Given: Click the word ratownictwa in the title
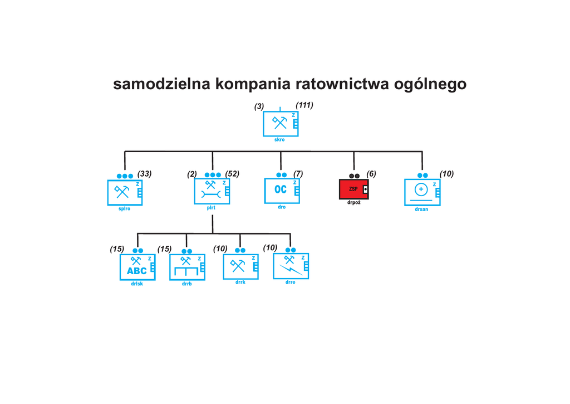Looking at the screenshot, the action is pyautogui.click(x=337, y=84).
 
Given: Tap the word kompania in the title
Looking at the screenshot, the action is pyautogui.click(x=253, y=84).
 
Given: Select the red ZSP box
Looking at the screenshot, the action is pyautogui.click(x=353, y=189).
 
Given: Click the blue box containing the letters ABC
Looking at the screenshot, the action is pyautogui.click(x=138, y=267).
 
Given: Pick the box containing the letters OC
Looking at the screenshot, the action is pyautogui.click(x=282, y=191).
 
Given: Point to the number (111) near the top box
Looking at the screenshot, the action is pyautogui.click(x=304, y=105).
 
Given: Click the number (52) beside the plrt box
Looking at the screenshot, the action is pyautogui.click(x=232, y=174).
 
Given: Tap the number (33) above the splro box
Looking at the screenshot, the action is pyautogui.click(x=144, y=174).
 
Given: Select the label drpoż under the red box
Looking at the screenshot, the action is pyautogui.click(x=353, y=203).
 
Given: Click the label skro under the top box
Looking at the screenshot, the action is pyautogui.click(x=279, y=140).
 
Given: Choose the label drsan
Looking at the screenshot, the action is pyautogui.click(x=422, y=210).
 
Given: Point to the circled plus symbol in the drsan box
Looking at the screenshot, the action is pyautogui.click(x=421, y=189).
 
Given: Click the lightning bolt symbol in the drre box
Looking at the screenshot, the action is pyautogui.click(x=291, y=270).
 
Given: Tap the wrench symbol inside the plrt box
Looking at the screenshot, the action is pyautogui.click(x=211, y=194).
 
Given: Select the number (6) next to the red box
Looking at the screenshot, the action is pyautogui.click(x=371, y=174).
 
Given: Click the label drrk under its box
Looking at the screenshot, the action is pyautogui.click(x=240, y=282).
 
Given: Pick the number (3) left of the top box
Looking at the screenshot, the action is pyautogui.click(x=259, y=106).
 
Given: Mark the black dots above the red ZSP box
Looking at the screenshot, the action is pyautogui.click(x=355, y=176).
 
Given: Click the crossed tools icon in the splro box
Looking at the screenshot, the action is pyautogui.click(x=122, y=191).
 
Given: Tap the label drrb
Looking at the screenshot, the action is pyautogui.click(x=187, y=284).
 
